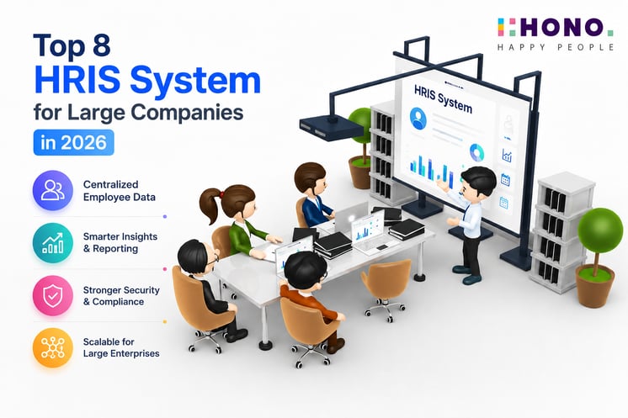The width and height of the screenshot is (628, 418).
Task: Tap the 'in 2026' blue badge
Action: point(74,142)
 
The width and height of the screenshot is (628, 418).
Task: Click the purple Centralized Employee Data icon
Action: point(53,190)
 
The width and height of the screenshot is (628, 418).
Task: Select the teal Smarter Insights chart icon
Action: point(53,243)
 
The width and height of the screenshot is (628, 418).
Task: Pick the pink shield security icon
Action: point(53,295)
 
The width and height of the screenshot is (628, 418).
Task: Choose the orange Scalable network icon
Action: point(53,347)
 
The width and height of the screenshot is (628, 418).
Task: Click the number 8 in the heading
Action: point(102,45)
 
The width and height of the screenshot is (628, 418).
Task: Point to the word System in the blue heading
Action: point(195,82)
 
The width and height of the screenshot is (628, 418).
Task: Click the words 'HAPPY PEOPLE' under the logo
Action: point(555,47)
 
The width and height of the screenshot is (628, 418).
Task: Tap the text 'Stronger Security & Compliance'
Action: point(121,295)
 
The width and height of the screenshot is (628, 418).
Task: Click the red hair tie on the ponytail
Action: point(221,194)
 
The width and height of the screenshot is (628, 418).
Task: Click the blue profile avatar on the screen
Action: point(418,119)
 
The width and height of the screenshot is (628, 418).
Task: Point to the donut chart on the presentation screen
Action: point(476,152)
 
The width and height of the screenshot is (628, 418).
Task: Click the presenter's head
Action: point(478,181)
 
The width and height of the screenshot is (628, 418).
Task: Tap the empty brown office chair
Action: point(386,288)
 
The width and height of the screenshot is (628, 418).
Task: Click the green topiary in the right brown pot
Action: point(600,230)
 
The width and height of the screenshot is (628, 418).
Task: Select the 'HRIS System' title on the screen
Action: point(443,98)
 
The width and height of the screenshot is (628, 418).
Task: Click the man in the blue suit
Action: point(313,195)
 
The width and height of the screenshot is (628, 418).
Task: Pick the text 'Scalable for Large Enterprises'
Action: point(121,347)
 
